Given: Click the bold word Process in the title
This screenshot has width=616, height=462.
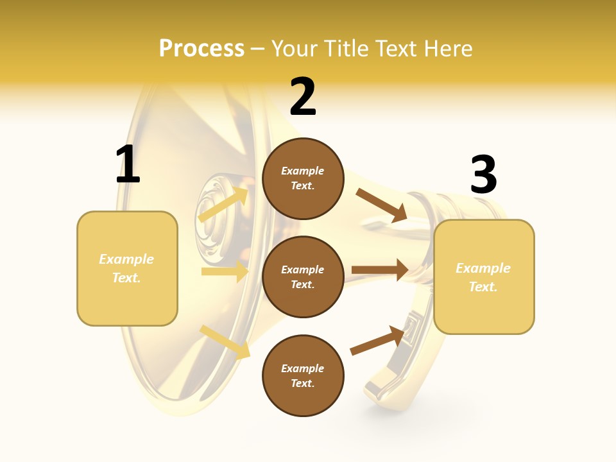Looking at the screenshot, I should [201, 49].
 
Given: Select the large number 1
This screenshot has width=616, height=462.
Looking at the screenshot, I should [128, 164].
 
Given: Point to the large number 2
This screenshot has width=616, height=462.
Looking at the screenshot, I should [303, 98].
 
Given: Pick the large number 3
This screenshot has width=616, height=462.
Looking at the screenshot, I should [483, 175].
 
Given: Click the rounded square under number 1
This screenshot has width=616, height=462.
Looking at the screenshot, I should [127, 268].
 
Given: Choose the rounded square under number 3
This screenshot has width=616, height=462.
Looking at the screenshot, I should [484, 277].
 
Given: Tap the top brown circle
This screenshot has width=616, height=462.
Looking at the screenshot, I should [303, 178].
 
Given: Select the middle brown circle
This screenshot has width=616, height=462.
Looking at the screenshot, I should [303, 277].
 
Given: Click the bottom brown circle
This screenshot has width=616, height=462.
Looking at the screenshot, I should [303, 376].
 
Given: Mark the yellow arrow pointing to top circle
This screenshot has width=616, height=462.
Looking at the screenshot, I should [223, 204].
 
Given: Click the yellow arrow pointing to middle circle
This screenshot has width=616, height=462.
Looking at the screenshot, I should [225, 271].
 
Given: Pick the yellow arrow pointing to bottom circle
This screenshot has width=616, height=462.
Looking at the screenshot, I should [225, 342].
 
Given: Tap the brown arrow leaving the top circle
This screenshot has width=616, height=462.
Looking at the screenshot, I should [381, 205].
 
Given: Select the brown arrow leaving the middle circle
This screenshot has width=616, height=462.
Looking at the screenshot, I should [380, 270].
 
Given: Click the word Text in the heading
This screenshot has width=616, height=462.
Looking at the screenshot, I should [400, 49].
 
